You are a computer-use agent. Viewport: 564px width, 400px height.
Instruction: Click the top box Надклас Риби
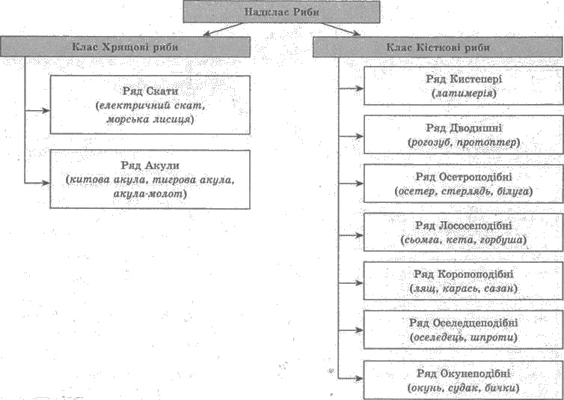click(281, 12)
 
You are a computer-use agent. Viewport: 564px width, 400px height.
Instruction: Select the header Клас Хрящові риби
click(125, 47)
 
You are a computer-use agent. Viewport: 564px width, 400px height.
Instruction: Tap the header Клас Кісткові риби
click(438, 47)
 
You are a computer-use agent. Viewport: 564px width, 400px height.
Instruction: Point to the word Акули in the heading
click(162, 166)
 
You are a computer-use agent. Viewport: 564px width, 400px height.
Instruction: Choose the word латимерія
click(464, 94)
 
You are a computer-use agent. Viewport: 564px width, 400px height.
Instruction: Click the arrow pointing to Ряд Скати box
click(37, 111)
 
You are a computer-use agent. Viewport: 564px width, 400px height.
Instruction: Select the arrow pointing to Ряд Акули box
click(37, 183)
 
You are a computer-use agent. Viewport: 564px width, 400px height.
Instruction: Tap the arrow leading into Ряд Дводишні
click(351, 136)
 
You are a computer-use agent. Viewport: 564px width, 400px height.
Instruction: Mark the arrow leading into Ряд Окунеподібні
click(351, 378)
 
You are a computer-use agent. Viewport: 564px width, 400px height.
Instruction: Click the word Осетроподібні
click(476, 177)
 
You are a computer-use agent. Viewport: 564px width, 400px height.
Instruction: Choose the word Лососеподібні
click(476, 225)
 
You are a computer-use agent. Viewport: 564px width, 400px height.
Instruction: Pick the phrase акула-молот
click(148, 194)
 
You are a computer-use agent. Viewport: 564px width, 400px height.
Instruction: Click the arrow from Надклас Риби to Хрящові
click(224, 29)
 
